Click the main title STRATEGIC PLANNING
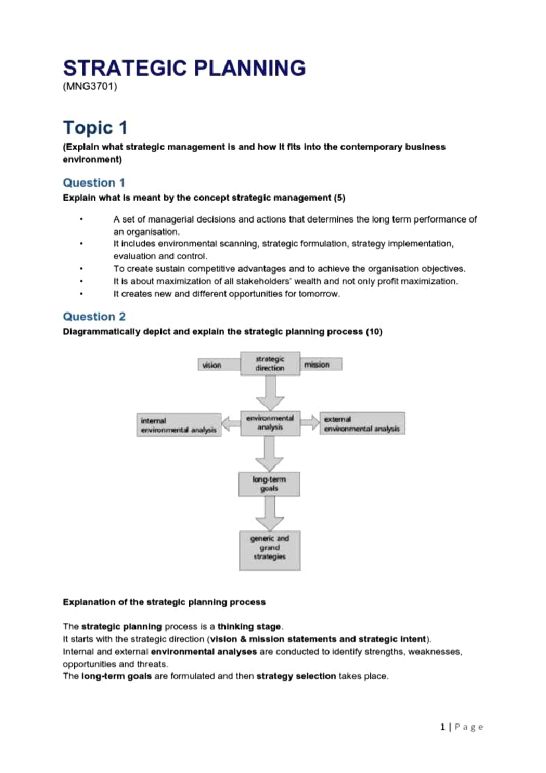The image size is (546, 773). [184, 68]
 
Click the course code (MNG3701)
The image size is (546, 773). [90, 86]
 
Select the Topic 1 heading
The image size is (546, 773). [95, 128]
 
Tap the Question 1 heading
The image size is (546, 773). [94, 183]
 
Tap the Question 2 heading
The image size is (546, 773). [94, 317]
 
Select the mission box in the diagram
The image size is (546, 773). [320, 364]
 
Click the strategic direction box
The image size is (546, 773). [270, 363]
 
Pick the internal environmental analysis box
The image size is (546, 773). [179, 425]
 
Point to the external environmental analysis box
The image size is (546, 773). [362, 424]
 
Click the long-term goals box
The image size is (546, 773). [269, 484]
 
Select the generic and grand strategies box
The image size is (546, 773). [270, 550]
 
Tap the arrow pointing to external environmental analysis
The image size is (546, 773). [310, 422]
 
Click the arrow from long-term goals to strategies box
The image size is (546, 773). [270, 513]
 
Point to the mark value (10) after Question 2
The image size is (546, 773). [374, 332]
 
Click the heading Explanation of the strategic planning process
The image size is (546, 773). [164, 602]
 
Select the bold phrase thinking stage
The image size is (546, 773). [249, 627]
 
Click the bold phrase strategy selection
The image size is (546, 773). [296, 676]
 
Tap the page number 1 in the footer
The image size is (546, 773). [442, 727]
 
